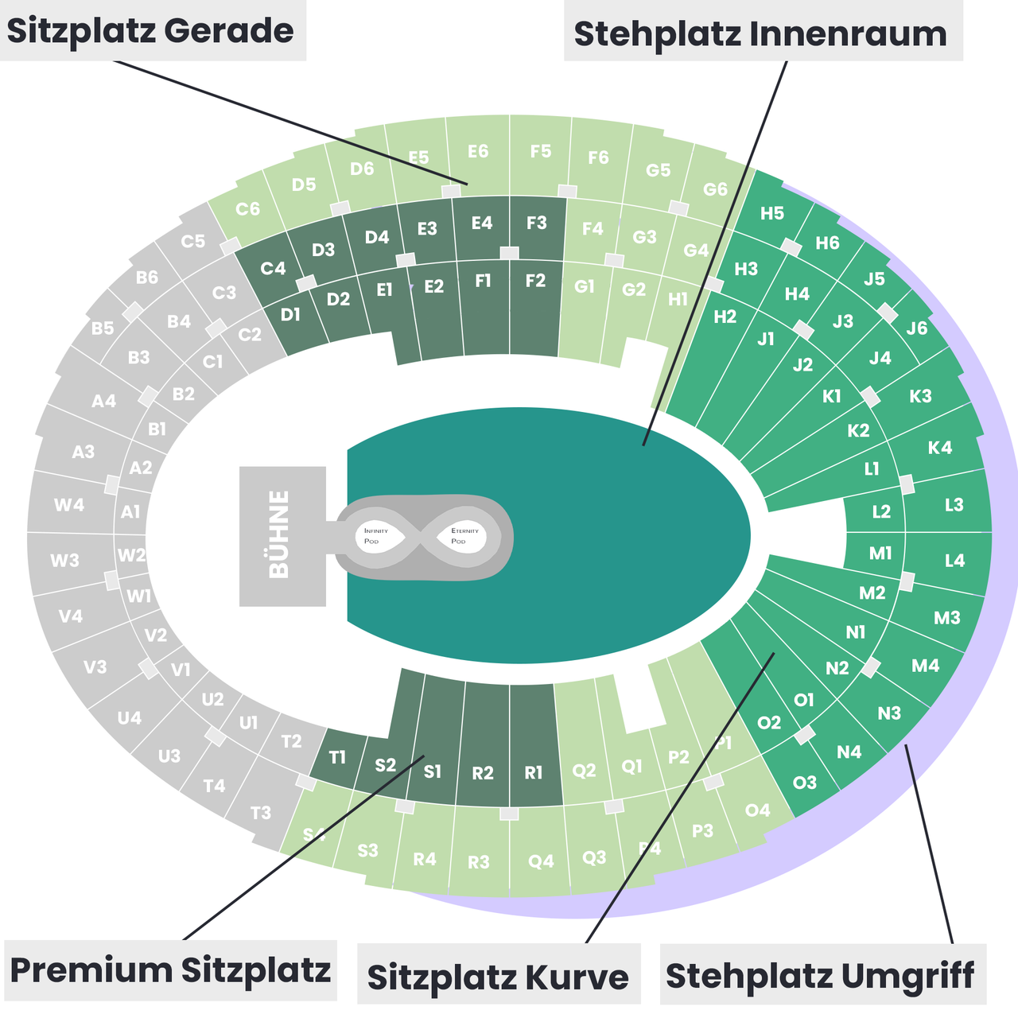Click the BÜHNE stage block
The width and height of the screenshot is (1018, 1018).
(282, 535)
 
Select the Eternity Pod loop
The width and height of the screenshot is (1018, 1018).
(464, 536)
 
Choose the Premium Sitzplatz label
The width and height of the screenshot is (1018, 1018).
(170, 970)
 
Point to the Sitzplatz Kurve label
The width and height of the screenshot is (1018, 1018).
(498, 977)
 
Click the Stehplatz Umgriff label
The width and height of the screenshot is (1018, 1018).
(821, 975)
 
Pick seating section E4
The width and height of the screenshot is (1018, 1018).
(482, 223)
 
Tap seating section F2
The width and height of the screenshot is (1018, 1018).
(535, 281)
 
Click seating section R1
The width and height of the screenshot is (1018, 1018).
(534, 772)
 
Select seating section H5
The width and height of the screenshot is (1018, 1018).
(771, 213)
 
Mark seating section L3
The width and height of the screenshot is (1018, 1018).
(954, 504)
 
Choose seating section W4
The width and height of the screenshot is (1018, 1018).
(69, 504)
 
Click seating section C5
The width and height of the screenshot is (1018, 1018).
(192, 241)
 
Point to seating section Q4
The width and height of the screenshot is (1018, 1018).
(541, 861)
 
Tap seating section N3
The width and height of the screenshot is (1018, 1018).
(889, 713)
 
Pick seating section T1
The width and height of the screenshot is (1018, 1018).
(338, 757)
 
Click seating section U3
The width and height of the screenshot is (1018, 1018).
(169, 756)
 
